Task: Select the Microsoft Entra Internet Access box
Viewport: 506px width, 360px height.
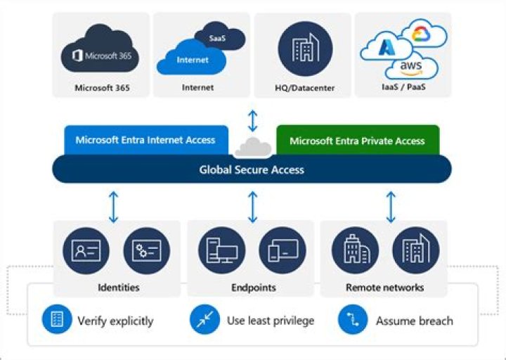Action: (x=145, y=140)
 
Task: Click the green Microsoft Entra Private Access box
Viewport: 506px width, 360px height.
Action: (x=357, y=140)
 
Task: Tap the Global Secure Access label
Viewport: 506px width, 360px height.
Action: (x=252, y=169)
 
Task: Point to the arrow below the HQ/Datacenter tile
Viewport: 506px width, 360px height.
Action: (x=252, y=120)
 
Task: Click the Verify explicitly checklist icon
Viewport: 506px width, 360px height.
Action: (x=57, y=320)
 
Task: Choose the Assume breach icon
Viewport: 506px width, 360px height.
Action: (x=352, y=320)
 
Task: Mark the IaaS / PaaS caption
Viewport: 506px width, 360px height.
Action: (x=403, y=88)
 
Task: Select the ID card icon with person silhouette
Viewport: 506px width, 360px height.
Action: (x=86, y=251)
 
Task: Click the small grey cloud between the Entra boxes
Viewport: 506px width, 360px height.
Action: (x=252, y=147)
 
